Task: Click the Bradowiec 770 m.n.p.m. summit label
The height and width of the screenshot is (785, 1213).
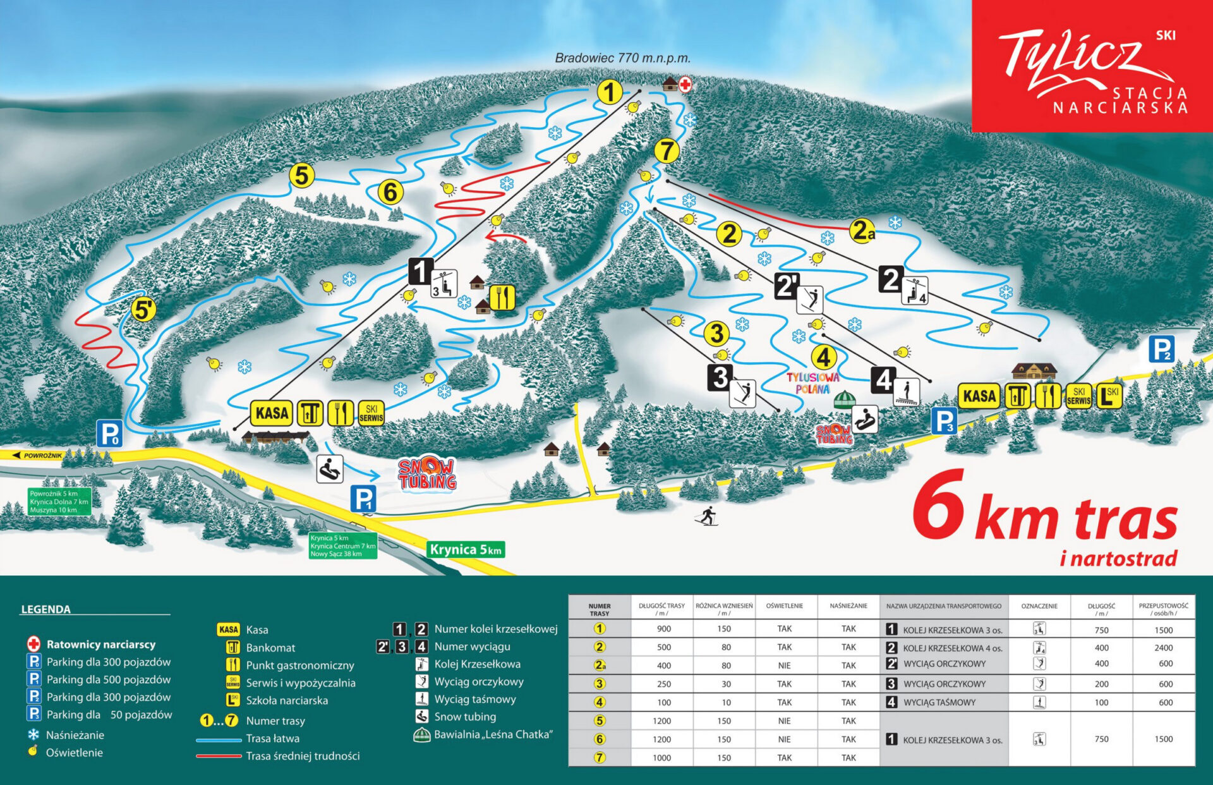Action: (x=622, y=58)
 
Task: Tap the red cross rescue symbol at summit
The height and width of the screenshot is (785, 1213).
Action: (x=685, y=84)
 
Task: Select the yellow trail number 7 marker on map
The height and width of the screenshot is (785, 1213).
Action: (x=667, y=151)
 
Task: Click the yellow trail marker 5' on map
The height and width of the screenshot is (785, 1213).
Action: (x=143, y=310)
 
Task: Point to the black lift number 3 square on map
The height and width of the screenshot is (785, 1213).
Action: (x=720, y=377)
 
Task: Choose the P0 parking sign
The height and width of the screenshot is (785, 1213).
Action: (x=109, y=434)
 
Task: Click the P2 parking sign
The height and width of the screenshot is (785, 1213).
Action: (x=1161, y=349)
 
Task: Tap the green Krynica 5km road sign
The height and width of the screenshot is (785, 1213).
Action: (x=466, y=549)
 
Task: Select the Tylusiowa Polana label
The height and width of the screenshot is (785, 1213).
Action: (x=813, y=383)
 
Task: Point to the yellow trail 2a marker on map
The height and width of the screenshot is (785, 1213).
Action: (x=862, y=231)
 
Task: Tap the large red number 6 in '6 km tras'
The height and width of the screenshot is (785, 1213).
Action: (x=939, y=509)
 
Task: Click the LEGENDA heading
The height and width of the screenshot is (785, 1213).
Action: (x=45, y=609)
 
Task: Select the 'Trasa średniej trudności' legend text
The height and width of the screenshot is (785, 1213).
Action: (x=303, y=756)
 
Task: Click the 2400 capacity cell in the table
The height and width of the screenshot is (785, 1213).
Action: (x=1163, y=648)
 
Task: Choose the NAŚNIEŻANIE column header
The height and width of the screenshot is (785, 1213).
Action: (x=848, y=605)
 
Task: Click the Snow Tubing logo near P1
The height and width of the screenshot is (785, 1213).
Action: (x=427, y=475)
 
